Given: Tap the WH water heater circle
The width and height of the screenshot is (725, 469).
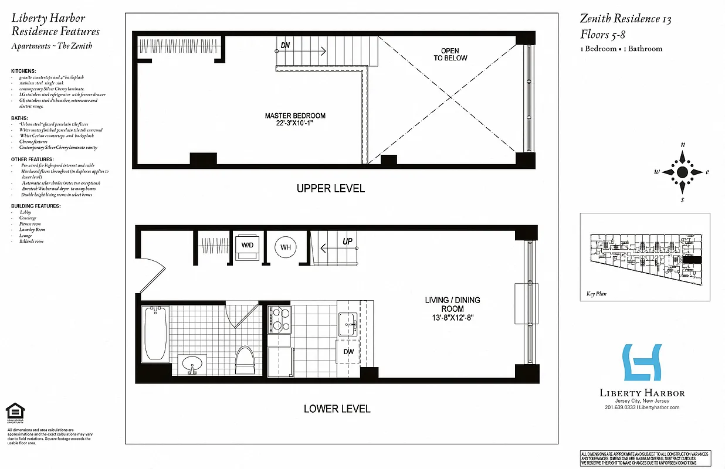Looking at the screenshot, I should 286,247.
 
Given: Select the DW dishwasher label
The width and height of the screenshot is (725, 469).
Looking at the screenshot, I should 348,352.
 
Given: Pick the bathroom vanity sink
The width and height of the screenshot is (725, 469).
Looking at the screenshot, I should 192,365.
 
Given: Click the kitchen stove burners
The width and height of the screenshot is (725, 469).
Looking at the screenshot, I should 279,320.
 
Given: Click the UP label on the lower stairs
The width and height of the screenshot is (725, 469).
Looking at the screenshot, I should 347,242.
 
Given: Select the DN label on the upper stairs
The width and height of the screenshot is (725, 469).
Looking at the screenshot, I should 285,45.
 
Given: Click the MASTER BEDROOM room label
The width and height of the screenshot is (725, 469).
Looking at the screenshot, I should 295,120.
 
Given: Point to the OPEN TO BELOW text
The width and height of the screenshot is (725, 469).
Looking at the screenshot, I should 450,55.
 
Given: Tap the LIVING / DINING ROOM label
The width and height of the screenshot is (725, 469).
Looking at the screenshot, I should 452,308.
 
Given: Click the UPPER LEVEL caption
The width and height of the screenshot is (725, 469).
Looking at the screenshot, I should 330,188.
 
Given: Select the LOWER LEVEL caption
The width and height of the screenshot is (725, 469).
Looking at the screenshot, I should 337,409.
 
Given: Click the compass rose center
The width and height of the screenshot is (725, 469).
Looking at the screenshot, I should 682,172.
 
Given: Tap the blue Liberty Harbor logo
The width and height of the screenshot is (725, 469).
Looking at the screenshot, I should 642,363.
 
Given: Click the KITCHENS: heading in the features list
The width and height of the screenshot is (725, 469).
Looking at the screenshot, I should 23,71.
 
